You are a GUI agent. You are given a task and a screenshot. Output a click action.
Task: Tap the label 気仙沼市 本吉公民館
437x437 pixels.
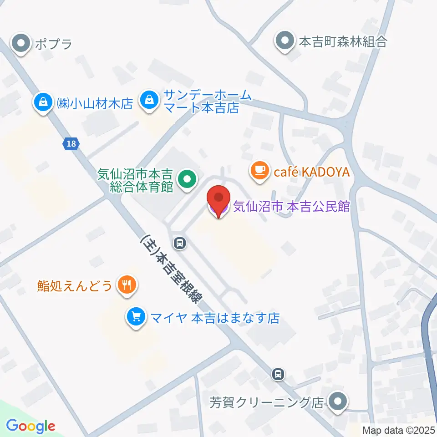click(291, 207)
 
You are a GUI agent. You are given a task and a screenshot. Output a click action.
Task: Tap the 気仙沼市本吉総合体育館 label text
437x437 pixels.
click(135, 180)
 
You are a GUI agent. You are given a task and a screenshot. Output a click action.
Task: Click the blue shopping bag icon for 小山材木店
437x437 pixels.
click(43, 103)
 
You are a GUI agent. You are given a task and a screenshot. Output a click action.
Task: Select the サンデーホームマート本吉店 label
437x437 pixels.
click(201, 102)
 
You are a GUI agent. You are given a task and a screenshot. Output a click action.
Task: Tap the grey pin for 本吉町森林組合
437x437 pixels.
click(285, 42)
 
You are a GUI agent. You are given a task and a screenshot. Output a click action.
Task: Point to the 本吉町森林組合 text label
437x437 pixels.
click(343, 42)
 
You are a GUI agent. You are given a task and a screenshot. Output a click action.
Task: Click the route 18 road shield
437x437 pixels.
click(70, 144)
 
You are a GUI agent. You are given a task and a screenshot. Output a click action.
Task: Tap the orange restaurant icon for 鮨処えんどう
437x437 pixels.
click(125, 285)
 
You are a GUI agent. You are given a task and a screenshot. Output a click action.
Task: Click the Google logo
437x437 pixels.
click(31, 426)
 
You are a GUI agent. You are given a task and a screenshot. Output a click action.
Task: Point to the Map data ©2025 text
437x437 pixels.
click(398, 430)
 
